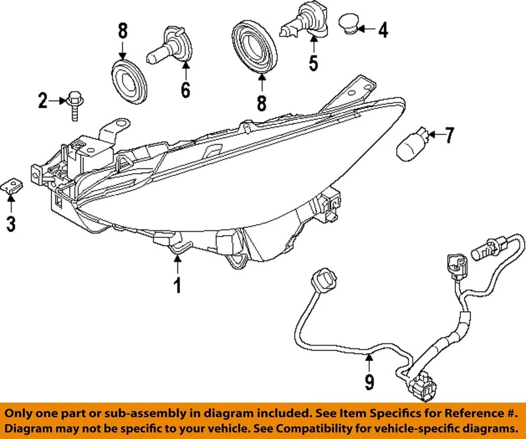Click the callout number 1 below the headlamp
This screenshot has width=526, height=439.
pos(177,285)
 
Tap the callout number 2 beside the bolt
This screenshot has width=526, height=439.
pos(43,101)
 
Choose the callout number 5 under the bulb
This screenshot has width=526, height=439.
pos(313,63)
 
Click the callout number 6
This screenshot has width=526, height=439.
pos(186,89)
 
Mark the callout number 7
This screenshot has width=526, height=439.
pos(449,135)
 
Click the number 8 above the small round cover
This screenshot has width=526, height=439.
pos(122,31)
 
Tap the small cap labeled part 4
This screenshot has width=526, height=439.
pos(348,24)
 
